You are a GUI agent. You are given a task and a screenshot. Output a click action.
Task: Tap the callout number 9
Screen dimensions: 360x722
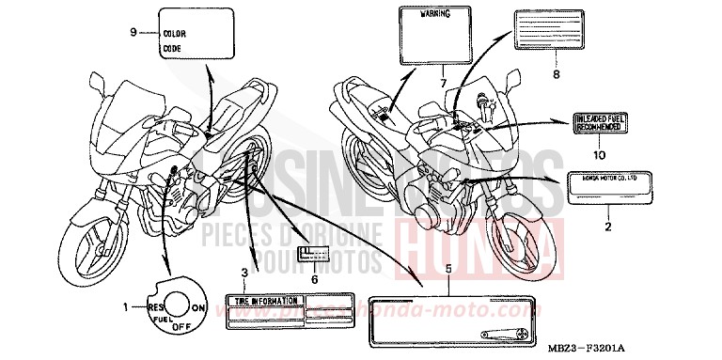[133, 32]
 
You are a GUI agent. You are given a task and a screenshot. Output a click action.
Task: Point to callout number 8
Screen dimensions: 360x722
[556, 73]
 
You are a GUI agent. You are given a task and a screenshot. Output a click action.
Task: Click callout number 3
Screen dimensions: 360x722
[243, 273]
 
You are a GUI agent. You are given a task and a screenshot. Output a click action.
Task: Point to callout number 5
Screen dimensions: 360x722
[448, 269]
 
